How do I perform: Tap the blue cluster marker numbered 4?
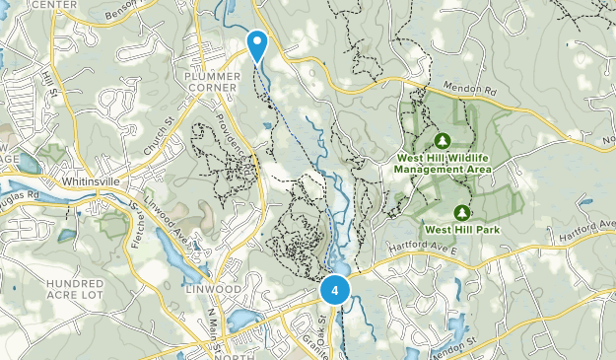point(336,291)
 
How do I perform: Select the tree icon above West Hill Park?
point(461,211)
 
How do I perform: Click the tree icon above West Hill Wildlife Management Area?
point(443,139)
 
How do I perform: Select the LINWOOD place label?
point(213,288)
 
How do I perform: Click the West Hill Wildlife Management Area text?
point(444,163)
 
